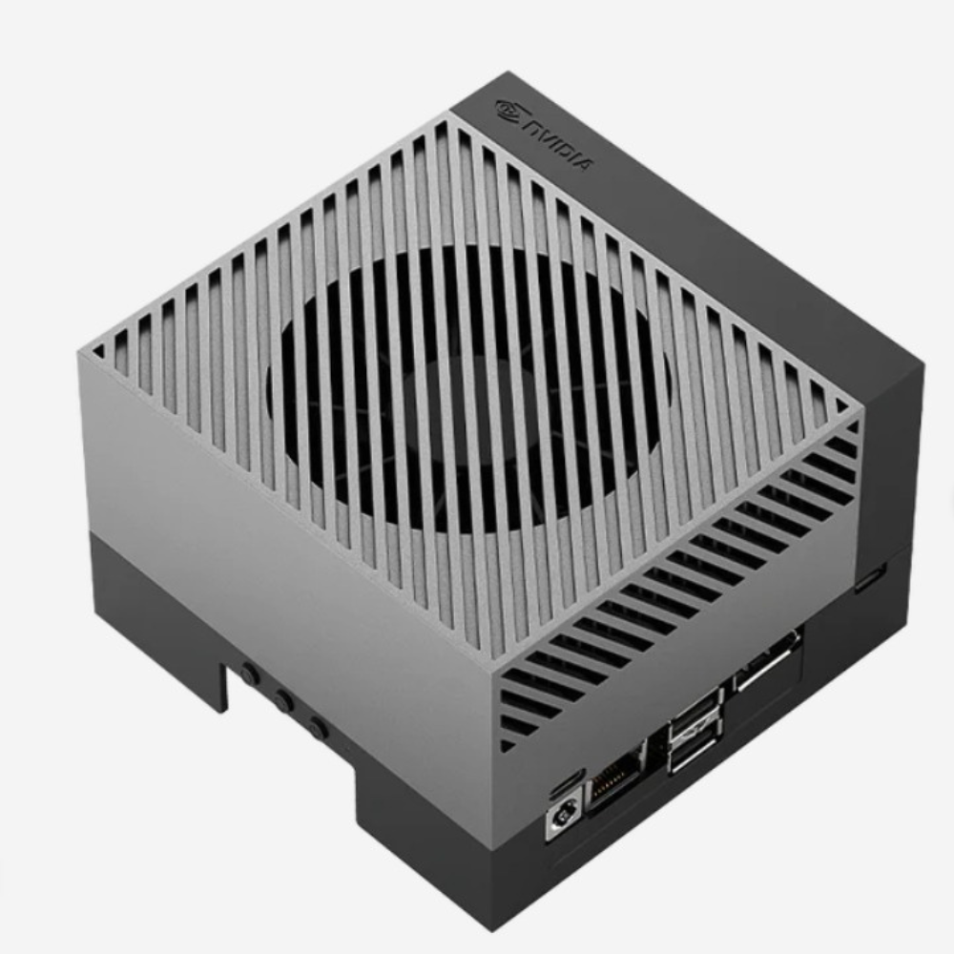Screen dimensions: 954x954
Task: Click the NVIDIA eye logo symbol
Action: [x=508, y=110]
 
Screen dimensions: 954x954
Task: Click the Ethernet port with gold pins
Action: [x=613, y=778]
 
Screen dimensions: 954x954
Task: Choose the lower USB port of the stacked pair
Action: [x=693, y=752]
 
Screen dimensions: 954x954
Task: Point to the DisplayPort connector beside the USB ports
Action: [x=767, y=661]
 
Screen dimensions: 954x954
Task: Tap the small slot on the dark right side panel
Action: [x=871, y=577]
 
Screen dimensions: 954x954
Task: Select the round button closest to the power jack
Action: [x=318, y=728]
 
